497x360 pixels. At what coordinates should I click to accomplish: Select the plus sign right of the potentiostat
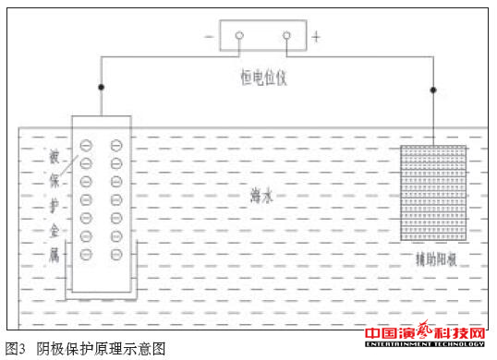[x=317, y=37]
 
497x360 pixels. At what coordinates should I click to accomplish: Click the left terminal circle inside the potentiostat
[x=239, y=36]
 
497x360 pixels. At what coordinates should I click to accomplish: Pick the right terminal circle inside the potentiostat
[x=286, y=36]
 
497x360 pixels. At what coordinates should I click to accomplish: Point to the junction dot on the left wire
[x=100, y=88]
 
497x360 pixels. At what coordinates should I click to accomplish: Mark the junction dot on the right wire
[x=433, y=89]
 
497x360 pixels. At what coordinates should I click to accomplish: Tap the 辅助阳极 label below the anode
[x=433, y=259]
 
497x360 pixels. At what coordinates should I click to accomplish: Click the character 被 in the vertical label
[x=55, y=155]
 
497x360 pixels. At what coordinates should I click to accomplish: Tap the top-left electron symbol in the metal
[x=87, y=145]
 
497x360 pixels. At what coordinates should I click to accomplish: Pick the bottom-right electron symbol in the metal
[x=115, y=254]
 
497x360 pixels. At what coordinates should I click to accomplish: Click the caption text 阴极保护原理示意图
[x=101, y=348]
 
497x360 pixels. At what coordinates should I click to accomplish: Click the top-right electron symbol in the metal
[x=115, y=145]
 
